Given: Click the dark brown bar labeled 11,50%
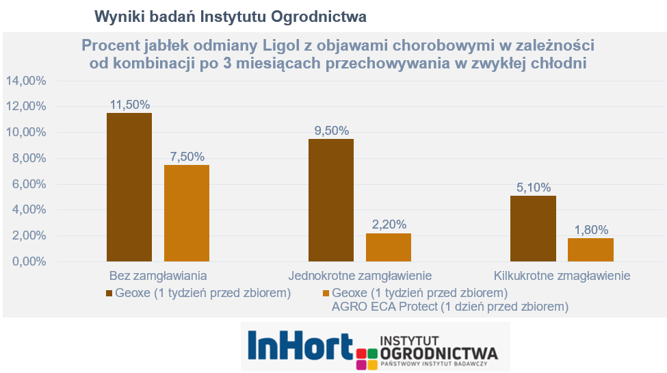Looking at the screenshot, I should pyautogui.click(x=129, y=187).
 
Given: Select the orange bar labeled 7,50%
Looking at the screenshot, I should pyautogui.click(x=187, y=213).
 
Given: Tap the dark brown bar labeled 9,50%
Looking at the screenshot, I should pyautogui.click(x=331, y=200).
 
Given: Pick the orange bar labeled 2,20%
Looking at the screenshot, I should pyautogui.click(x=389, y=247).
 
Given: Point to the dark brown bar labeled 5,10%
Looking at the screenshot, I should pyautogui.click(x=533, y=229).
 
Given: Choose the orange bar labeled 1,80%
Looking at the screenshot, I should pyautogui.click(x=590, y=250).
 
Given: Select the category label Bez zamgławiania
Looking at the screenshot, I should pyautogui.click(x=158, y=276).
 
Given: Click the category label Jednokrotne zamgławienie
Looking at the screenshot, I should pyautogui.click(x=360, y=276).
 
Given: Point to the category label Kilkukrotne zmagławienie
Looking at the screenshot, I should pyautogui.click(x=562, y=276).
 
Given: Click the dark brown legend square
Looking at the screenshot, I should pyautogui.click(x=109, y=294).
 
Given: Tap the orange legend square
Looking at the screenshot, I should pyautogui.click(x=326, y=294).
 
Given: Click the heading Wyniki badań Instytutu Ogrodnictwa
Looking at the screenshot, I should pyautogui.click(x=231, y=16).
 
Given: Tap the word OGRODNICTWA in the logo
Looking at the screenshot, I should pyautogui.click(x=438, y=353).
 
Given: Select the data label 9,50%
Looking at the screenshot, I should pyautogui.click(x=331, y=131).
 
